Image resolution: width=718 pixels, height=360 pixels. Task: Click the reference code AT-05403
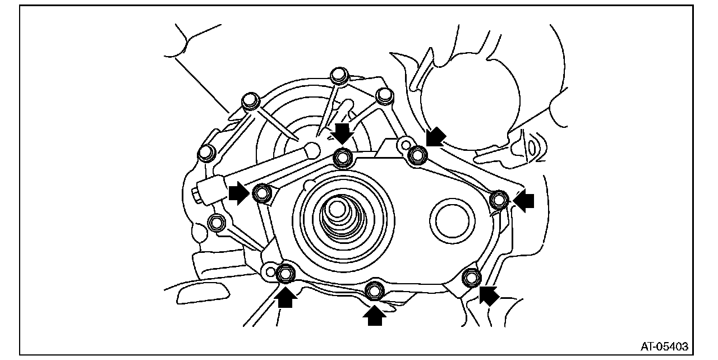tap(665, 347)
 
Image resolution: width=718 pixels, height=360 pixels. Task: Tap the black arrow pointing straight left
tap(524, 201)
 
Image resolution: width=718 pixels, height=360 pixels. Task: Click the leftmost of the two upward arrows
tap(286, 297)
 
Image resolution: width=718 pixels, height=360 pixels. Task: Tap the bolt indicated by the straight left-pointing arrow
tap(499, 199)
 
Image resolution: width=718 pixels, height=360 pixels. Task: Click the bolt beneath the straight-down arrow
tap(343, 158)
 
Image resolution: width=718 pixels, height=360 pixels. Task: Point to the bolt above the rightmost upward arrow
tap(374, 290)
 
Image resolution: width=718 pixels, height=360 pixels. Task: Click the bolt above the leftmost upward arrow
tap(286, 273)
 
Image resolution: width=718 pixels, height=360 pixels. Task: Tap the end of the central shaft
tap(337, 209)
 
